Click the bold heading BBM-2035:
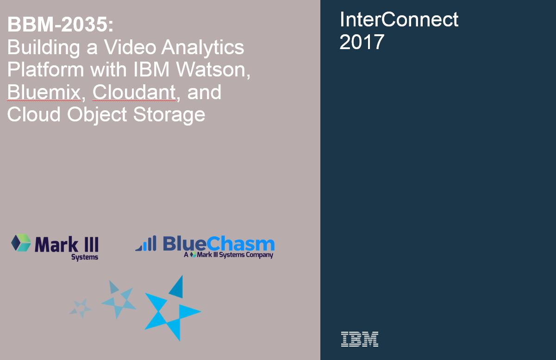tap(61, 25)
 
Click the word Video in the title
tap(130, 47)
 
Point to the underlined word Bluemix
tap(44, 92)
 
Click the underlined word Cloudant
tap(134, 92)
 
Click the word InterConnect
tap(399, 19)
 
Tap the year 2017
tap(362, 42)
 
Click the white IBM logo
tap(360, 339)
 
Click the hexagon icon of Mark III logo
tap(21, 242)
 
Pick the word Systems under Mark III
tap(85, 258)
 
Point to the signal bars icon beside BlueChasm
tap(146, 243)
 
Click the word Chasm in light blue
tap(240, 244)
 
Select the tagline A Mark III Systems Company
tap(228, 255)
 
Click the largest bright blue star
tap(173, 308)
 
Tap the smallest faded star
tap(81, 309)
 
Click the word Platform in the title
tap(46, 70)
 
